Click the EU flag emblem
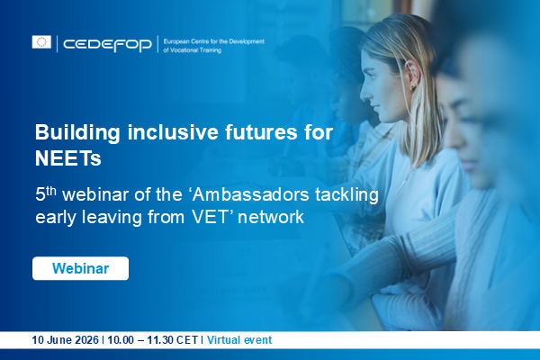[41, 42]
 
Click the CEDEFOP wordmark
[107, 44]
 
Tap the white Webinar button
[81, 268]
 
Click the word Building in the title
[77, 133]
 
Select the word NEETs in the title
[67, 158]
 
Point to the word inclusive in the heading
[173, 132]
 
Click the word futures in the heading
[261, 132]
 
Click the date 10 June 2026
[65, 340]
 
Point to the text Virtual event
[239, 340]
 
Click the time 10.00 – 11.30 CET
[153, 340]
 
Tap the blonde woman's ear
[412, 75]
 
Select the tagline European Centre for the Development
[214, 41]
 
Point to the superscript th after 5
[51, 191]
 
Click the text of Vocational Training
[193, 50]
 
